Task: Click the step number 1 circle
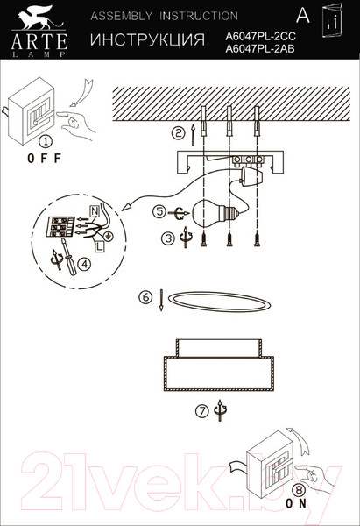tap(46, 141)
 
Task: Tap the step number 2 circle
tap(179, 133)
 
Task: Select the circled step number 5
tap(159, 211)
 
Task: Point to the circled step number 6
tap(145, 297)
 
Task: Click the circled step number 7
tap(202, 410)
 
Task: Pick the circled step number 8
tap(299, 490)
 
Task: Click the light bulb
tap(214, 211)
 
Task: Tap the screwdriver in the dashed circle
tap(68, 257)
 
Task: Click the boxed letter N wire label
tap(95, 211)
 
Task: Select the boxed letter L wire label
tap(99, 247)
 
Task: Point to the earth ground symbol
tap(109, 236)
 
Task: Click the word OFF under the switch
tap(44, 158)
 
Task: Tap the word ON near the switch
tap(296, 503)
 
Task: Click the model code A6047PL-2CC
tap(260, 36)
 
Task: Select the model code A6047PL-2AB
tap(260, 49)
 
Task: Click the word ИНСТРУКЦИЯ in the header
tap(147, 39)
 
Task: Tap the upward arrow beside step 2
tap(193, 135)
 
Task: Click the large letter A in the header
tap(303, 15)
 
